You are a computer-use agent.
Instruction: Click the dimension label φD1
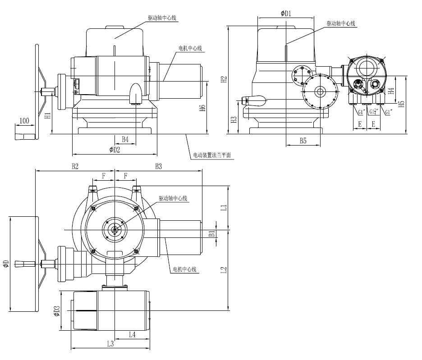(x=286, y=14)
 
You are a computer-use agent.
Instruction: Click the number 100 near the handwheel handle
(x=24, y=121)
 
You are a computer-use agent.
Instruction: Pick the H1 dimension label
(x=47, y=116)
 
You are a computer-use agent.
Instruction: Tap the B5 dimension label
(x=303, y=141)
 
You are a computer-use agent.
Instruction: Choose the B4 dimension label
(x=125, y=139)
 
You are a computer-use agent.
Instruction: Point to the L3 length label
(x=110, y=344)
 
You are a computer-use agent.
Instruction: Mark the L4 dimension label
(x=132, y=334)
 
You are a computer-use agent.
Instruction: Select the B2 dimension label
(x=75, y=166)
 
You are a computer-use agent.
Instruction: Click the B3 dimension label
(x=158, y=166)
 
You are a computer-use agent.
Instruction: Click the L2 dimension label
(x=223, y=270)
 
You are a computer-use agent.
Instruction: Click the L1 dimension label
(x=223, y=208)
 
